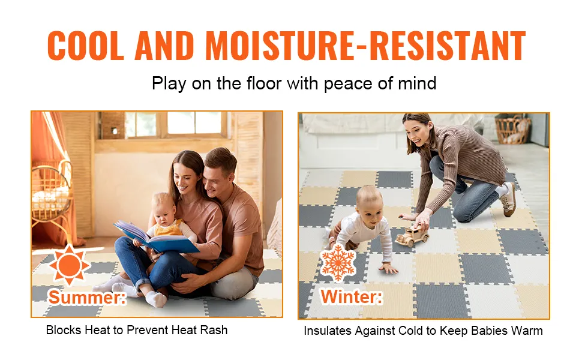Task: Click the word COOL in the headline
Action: (x=85, y=45)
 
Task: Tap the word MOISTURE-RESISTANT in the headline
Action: (x=365, y=45)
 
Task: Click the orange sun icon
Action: (x=70, y=265)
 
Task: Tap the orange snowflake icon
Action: (x=338, y=262)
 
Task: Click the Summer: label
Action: (x=87, y=297)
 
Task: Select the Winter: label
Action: (x=351, y=296)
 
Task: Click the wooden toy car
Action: (x=412, y=237)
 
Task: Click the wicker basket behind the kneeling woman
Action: (x=514, y=129)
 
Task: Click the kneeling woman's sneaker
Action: (x=508, y=199)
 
